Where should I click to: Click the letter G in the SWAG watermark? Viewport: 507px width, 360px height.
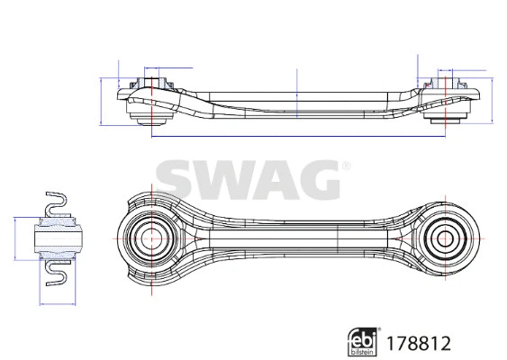[314, 181]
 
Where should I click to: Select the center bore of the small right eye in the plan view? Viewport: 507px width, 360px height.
[443, 238]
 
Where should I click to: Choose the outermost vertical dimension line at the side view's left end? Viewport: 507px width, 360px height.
[101, 99]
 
